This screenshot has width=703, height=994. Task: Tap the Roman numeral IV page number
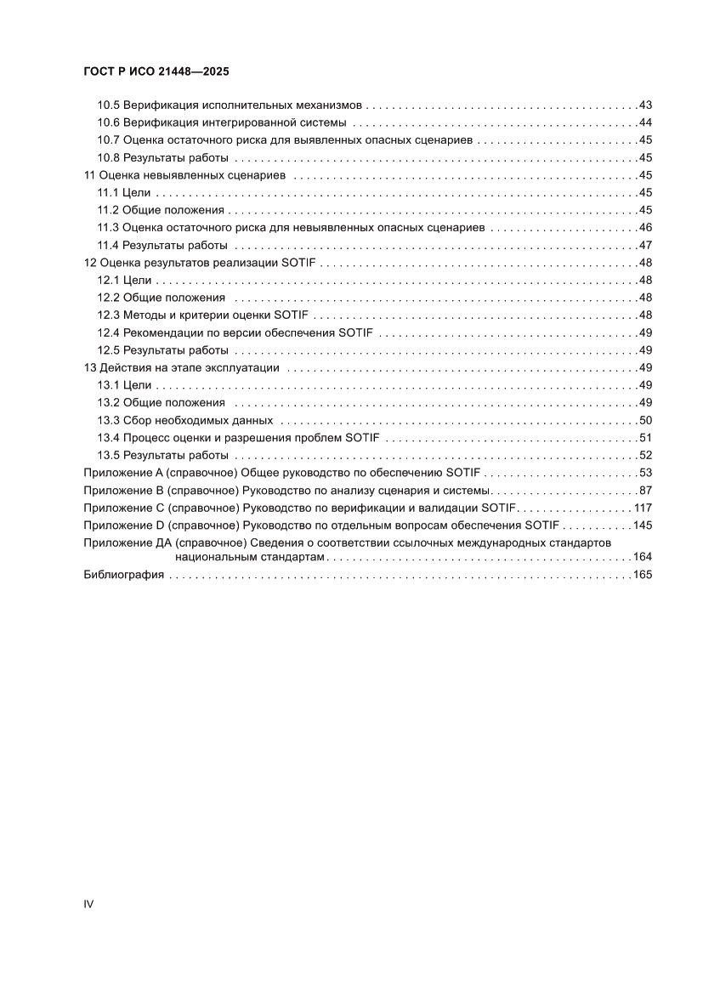tap(88, 904)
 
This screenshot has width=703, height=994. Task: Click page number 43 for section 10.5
tap(644, 105)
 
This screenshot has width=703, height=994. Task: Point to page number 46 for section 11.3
tap(644, 228)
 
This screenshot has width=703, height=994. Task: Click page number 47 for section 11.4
tap(644, 245)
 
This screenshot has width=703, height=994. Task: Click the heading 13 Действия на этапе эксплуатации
tap(182, 367)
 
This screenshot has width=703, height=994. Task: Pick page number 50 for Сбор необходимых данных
tap(644, 420)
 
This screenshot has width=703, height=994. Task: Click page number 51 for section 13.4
tap(644, 438)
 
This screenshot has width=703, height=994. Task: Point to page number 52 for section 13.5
tap(644, 455)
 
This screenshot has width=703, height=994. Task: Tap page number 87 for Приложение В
tap(644, 491)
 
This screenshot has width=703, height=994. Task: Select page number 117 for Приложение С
tap(642, 508)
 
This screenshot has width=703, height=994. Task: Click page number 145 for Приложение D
tap(642, 525)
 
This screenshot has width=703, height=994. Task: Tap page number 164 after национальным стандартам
tap(642, 557)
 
